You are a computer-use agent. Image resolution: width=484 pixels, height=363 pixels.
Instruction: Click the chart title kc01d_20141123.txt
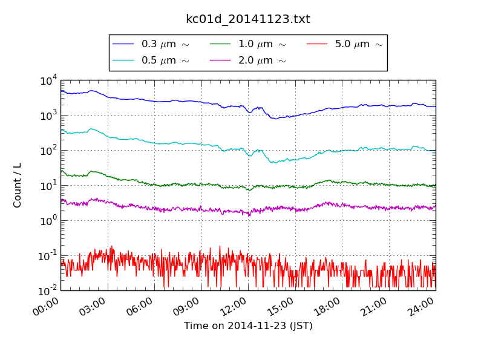pos(247,19)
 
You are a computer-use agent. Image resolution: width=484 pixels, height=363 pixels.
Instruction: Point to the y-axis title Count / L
pos(18,185)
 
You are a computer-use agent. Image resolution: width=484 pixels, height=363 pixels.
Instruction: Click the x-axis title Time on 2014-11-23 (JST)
pos(248,326)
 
